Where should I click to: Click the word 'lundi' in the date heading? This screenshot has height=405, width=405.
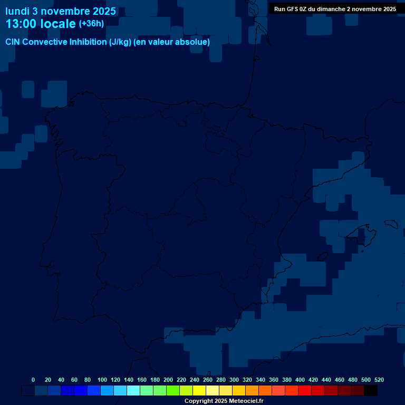point(17,11)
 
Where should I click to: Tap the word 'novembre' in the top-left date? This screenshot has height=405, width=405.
point(64,11)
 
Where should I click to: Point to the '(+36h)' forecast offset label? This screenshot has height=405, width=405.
point(91,24)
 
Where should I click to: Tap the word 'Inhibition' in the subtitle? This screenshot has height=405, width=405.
point(88,42)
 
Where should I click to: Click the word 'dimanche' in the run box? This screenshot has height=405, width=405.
point(331,9)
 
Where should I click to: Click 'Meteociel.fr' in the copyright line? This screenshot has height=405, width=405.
point(246,401)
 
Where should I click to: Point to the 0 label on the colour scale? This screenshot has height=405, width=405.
point(33,380)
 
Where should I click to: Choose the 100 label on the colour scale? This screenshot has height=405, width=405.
point(102,380)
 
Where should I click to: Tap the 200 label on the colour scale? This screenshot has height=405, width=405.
point(168,380)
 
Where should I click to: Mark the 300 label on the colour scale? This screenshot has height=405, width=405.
point(234,380)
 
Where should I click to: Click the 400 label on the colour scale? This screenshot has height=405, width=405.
point(300,380)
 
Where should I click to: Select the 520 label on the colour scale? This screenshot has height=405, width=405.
point(379,380)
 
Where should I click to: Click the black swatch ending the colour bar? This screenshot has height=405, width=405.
point(371,391)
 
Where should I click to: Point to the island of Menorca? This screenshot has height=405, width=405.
point(391,224)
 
